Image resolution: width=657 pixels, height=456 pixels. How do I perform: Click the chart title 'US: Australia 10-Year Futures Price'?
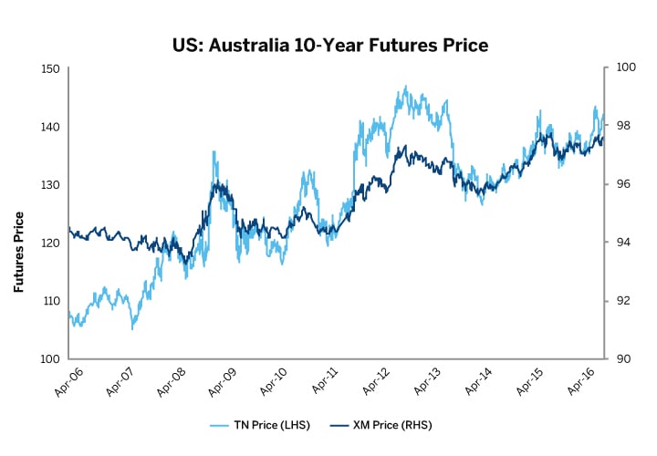(x=328, y=43)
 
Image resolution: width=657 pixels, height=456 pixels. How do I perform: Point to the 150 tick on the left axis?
(x=50, y=68)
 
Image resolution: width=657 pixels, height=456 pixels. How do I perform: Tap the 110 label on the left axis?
(x=50, y=301)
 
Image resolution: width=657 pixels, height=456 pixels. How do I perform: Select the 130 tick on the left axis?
(x=50, y=184)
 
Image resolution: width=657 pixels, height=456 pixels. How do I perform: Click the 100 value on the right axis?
(x=625, y=68)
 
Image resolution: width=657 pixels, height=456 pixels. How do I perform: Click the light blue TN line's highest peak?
(x=404, y=88)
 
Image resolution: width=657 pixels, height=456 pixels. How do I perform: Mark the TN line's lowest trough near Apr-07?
(x=133, y=327)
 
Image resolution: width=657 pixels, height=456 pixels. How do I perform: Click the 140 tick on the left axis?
(x=50, y=127)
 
